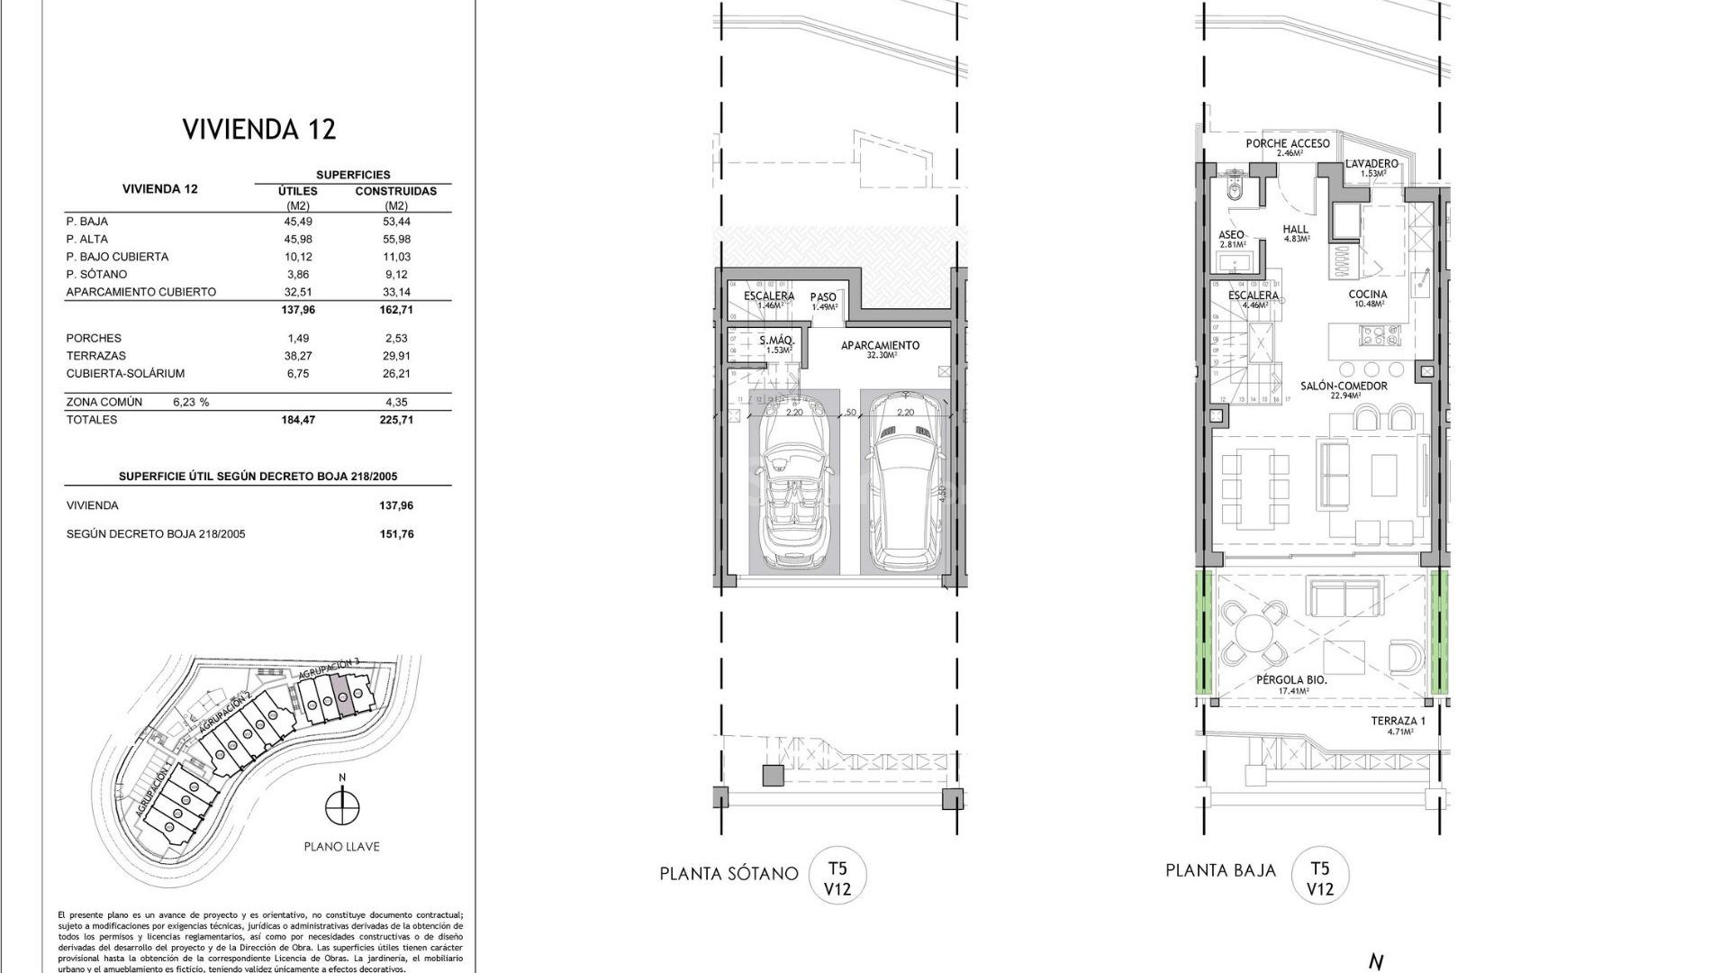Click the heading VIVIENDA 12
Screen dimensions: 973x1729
(259, 129)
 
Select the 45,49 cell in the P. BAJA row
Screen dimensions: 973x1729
(297, 222)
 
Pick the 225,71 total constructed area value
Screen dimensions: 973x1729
(397, 420)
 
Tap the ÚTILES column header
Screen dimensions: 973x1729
(297, 191)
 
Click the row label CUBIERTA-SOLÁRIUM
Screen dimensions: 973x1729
(113, 374)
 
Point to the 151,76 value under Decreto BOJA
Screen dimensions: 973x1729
(396, 534)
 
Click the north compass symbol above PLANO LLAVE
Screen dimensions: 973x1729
(341, 806)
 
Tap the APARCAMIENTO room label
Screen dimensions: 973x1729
(880, 346)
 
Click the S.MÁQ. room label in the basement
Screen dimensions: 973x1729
(775, 341)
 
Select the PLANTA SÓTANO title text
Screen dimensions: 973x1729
(729, 873)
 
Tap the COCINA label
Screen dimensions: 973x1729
(1367, 295)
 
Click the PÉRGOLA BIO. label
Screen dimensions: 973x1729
(1291, 681)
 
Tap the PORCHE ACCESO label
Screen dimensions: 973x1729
(1288, 144)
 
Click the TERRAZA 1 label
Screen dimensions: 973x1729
(1399, 722)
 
